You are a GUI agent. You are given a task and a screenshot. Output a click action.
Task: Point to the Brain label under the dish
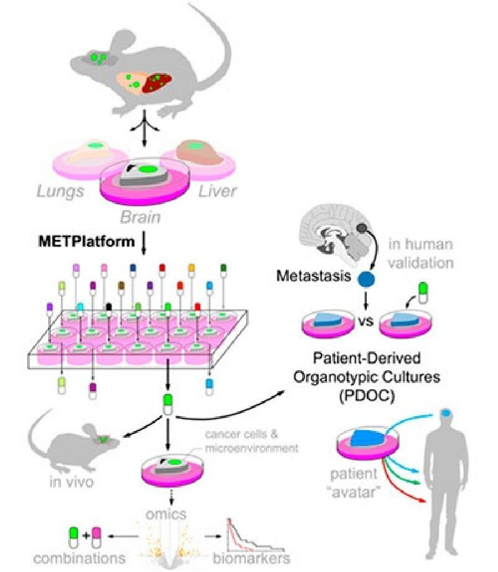(141, 216)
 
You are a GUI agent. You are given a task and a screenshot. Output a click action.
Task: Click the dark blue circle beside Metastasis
(364, 278)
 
